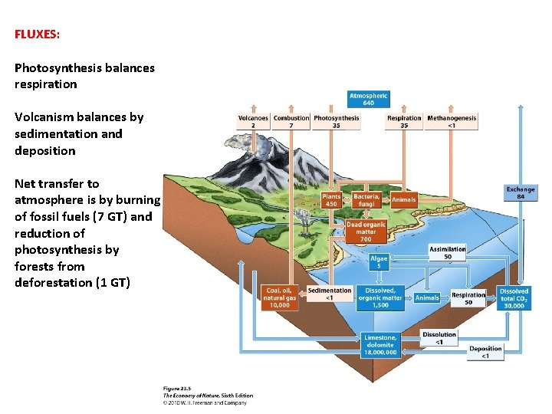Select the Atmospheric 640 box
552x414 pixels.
368,100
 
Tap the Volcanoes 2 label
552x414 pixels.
253,121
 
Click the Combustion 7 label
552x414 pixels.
291,121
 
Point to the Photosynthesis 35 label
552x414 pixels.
336,121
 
